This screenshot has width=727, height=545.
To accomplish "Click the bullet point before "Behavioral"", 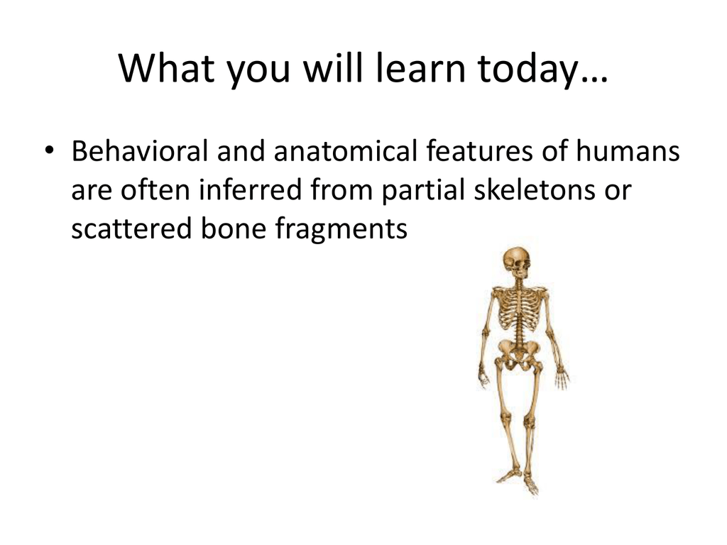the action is pos(49,150).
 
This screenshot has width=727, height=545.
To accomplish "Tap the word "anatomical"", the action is pos(346,151).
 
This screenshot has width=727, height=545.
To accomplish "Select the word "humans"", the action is pos(628,151).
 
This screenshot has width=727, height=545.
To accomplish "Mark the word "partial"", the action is pos(423,192).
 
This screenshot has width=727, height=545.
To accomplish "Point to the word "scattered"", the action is pos(131,229).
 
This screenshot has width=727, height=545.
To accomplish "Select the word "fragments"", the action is pos(341,230).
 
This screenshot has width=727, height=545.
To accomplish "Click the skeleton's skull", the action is pos(517,263).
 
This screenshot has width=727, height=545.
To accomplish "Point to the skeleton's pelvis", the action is pos(518,352).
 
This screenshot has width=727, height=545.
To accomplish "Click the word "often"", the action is pos(155,189).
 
